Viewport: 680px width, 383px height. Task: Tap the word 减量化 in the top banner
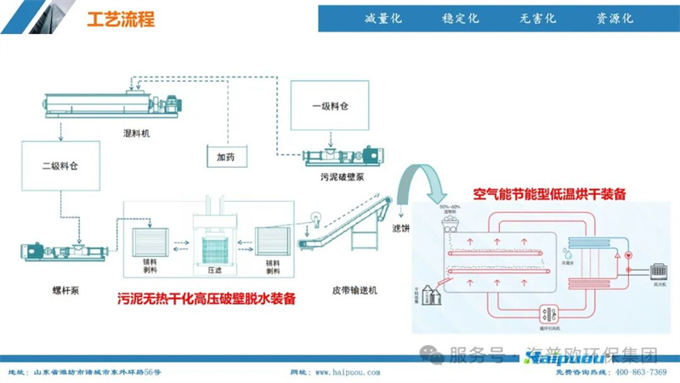(x=382, y=19)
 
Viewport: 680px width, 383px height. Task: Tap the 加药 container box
(x=225, y=157)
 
